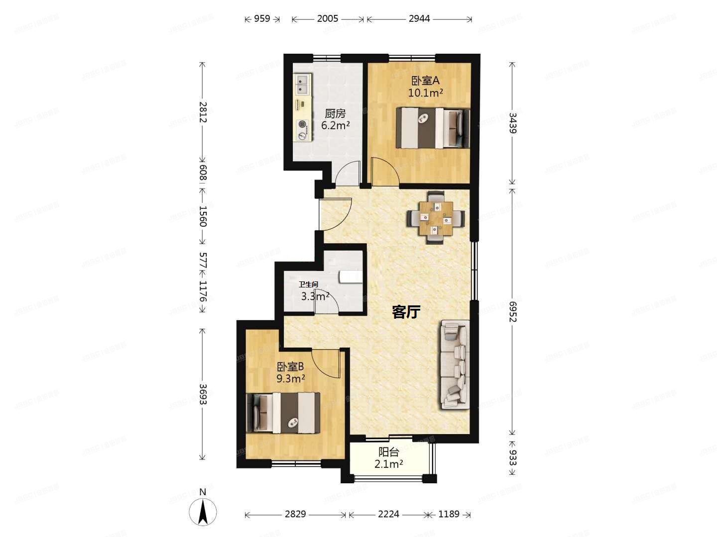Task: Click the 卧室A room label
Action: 425,81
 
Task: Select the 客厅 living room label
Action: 406,312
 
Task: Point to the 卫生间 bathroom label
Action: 308,285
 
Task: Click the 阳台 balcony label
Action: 388,452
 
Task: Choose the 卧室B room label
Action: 290,367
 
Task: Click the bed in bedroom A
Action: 432,128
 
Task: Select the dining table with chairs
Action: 436,217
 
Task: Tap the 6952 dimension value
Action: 512,311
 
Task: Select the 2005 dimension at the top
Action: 327,19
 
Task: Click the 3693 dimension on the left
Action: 202,393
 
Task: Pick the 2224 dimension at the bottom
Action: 388,514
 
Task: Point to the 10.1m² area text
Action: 425,92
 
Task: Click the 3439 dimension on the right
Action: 512,123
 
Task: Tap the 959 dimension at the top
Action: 262,19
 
